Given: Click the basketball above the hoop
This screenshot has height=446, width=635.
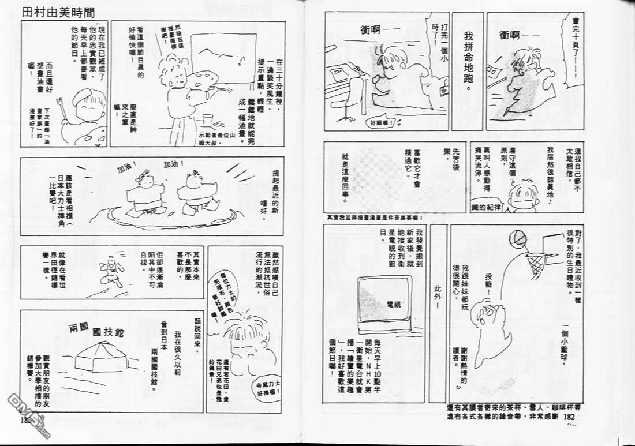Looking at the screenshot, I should click(x=518, y=238).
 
